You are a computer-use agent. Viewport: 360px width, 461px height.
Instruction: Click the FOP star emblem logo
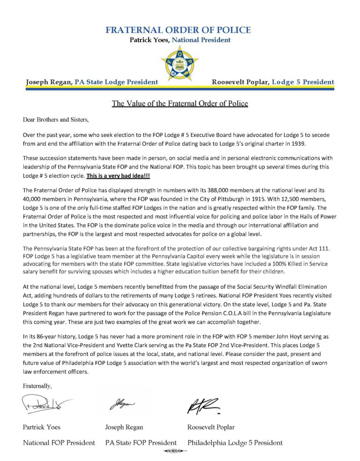pos(180,61)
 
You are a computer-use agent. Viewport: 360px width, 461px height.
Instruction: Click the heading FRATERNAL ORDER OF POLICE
pos(178,30)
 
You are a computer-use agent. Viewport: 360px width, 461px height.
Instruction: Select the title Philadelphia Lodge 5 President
pos(235,442)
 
